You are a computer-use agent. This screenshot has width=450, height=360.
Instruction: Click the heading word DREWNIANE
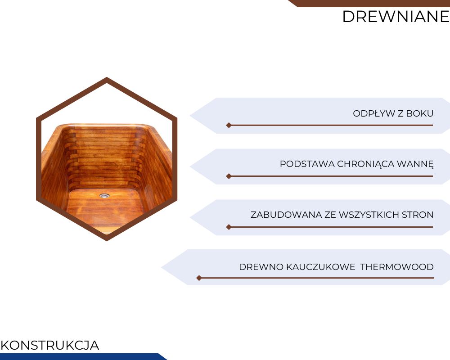coord(396,16)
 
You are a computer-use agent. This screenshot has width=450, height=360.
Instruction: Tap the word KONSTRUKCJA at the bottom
coord(50,345)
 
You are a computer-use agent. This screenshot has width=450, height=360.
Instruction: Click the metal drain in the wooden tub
coord(104,196)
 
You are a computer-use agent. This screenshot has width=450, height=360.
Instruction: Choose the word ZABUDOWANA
coord(286,215)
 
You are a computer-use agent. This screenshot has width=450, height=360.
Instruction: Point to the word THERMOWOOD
coord(397,267)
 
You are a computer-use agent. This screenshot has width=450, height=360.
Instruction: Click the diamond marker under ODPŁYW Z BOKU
coord(229,125)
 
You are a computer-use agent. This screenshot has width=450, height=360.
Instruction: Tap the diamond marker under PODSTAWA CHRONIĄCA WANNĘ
coord(229,176)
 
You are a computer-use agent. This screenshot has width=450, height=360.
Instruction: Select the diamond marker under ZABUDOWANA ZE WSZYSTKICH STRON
coord(229,227)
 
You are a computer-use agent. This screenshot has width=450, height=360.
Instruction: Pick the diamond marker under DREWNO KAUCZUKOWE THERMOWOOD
coord(199,278)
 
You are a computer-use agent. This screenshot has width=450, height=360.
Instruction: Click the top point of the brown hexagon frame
coord(107,77)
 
